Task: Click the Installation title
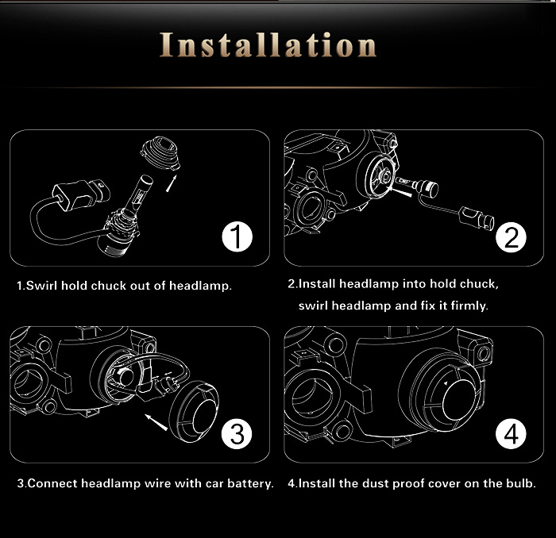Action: click(268, 45)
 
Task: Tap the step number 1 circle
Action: click(237, 237)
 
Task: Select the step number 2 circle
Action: click(511, 237)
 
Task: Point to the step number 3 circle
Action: click(237, 433)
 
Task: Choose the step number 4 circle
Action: click(511, 433)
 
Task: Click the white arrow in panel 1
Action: click(171, 184)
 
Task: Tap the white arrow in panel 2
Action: click(400, 191)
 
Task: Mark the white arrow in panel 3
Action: click(156, 422)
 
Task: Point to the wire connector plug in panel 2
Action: click(477, 217)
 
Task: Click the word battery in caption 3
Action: click(251, 484)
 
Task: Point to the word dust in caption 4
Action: click(376, 483)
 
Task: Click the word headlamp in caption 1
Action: click(200, 286)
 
